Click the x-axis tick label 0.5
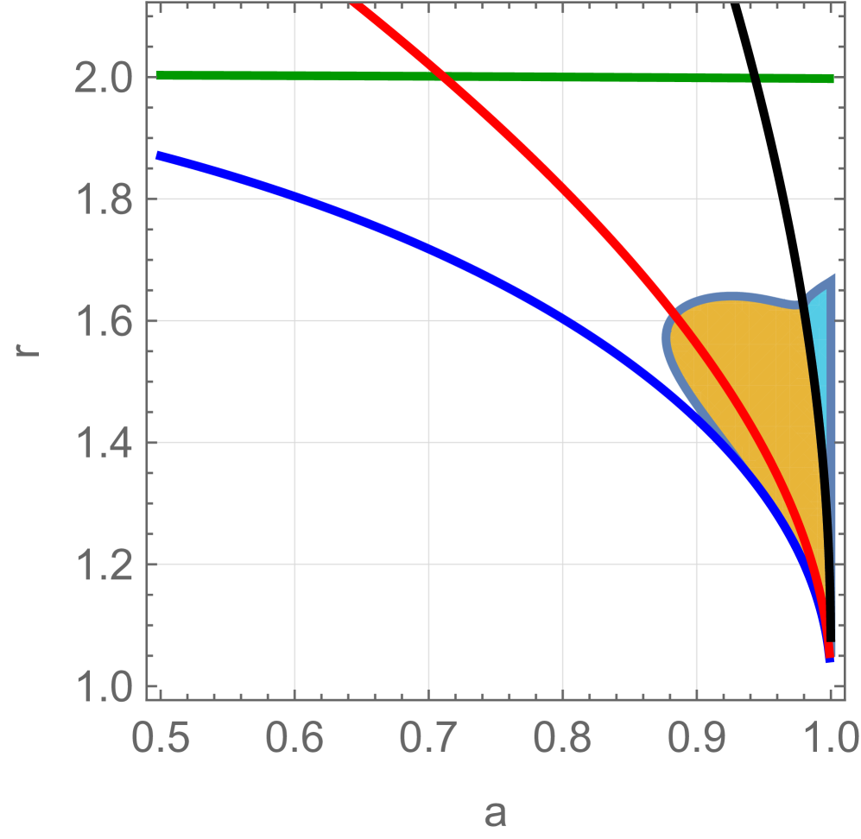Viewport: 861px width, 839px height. [161, 739]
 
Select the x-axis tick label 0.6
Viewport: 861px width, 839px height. [294, 739]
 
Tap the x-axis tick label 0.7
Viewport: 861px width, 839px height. [428, 739]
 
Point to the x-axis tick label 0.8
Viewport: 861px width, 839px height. [562, 739]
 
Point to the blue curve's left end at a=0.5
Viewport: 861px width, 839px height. [159, 155]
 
